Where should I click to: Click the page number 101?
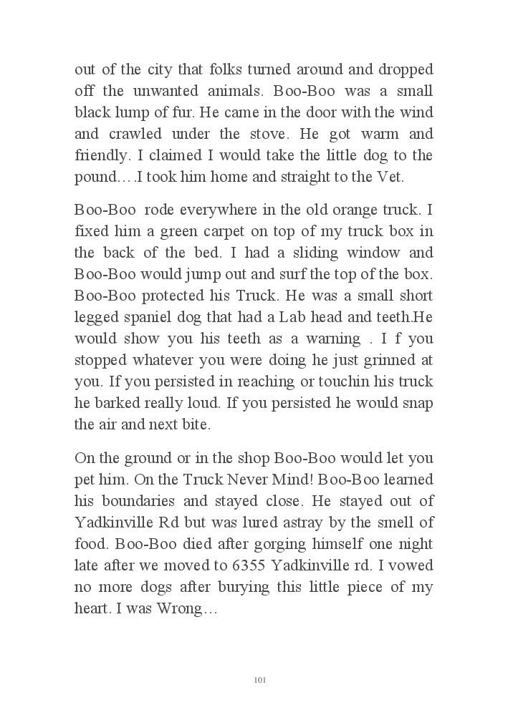click(x=260, y=679)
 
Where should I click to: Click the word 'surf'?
click(x=297, y=275)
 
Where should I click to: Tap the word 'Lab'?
click(x=302, y=317)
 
